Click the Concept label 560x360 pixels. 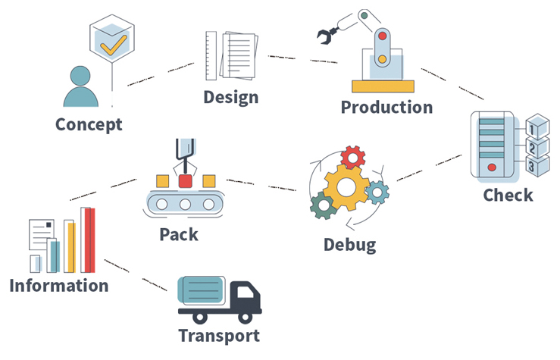89,124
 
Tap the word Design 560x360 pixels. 230,98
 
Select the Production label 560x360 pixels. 386,107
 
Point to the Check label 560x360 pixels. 508,195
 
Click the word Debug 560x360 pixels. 349,245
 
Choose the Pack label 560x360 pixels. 179,234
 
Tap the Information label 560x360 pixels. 58,286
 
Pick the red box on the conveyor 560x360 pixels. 185,181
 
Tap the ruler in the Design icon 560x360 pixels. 211,57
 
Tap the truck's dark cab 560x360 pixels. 245,296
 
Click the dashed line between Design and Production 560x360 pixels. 293,58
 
